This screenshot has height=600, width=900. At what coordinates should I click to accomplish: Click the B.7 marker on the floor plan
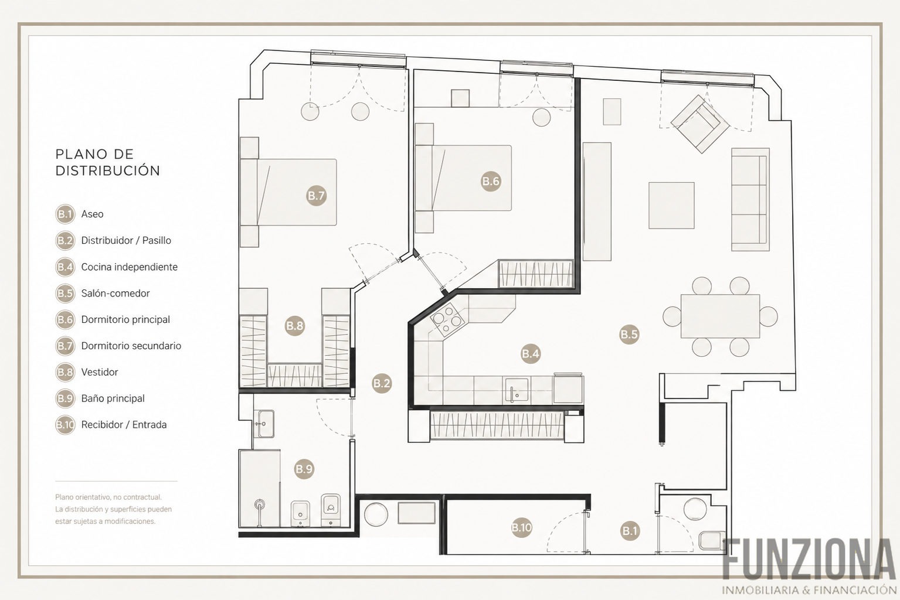[x=316, y=196]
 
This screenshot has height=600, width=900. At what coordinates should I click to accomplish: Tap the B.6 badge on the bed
[x=491, y=181]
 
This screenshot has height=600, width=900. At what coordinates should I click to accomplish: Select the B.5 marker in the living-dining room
[x=629, y=334]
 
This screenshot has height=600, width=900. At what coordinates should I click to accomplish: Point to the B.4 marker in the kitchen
[x=531, y=353]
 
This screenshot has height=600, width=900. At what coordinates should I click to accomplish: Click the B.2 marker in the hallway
[x=381, y=383]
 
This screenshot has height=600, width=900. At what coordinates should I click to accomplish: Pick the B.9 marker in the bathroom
[x=304, y=469]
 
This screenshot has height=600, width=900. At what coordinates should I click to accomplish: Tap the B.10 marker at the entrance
[x=521, y=527]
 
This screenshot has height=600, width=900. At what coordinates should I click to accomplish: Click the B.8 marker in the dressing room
[x=294, y=325]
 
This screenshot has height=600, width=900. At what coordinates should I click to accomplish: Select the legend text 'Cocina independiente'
[x=130, y=267]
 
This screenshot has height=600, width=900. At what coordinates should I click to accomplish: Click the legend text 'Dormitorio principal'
[x=125, y=320]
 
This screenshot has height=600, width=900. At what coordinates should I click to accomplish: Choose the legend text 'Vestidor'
[x=100, y=372]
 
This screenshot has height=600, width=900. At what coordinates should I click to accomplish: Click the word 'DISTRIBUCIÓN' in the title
[x=108, y=171]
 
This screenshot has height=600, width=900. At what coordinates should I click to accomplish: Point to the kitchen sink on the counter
[x=517, y=390]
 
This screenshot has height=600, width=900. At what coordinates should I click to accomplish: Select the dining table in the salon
[x=720, y=316]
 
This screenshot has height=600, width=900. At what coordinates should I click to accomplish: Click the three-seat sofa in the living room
[x=750, y=200]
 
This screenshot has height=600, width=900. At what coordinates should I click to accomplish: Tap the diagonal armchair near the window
[x=700, y=124]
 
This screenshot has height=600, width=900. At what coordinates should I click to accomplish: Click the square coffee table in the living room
[x=671, y=206]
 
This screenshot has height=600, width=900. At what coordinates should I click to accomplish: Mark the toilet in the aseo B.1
[x=712, y=541]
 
